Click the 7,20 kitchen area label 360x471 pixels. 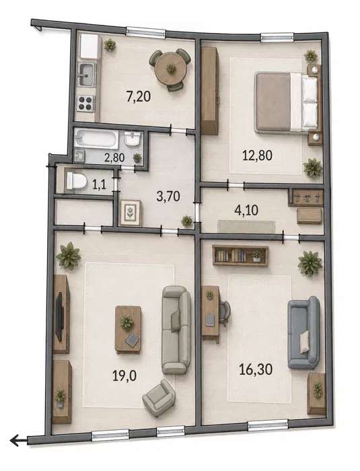pos(139,97)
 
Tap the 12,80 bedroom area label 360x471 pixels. pos(257,155)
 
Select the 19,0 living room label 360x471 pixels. pos(124,375)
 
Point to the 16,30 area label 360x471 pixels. pos(256,369)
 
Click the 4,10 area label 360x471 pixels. pos(246,210)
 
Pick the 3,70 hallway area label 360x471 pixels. pos(168,196)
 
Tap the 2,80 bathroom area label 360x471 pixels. pos(114,157)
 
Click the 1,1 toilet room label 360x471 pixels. pos(99,184)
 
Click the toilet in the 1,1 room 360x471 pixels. pos(76,180)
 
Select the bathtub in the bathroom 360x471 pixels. pos(96,139)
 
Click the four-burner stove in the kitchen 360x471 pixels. pos(85,103)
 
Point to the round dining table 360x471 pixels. pos(170,69)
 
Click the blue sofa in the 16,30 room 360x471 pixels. pos(303,333)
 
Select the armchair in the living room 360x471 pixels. pos(159,398)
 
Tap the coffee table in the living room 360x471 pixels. pos(129,329)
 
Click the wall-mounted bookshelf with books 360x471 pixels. pos(240,255)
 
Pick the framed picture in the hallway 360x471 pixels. pos(131,213)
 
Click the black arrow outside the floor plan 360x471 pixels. pos(19,440)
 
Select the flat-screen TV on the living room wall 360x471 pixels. pos(59,316)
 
